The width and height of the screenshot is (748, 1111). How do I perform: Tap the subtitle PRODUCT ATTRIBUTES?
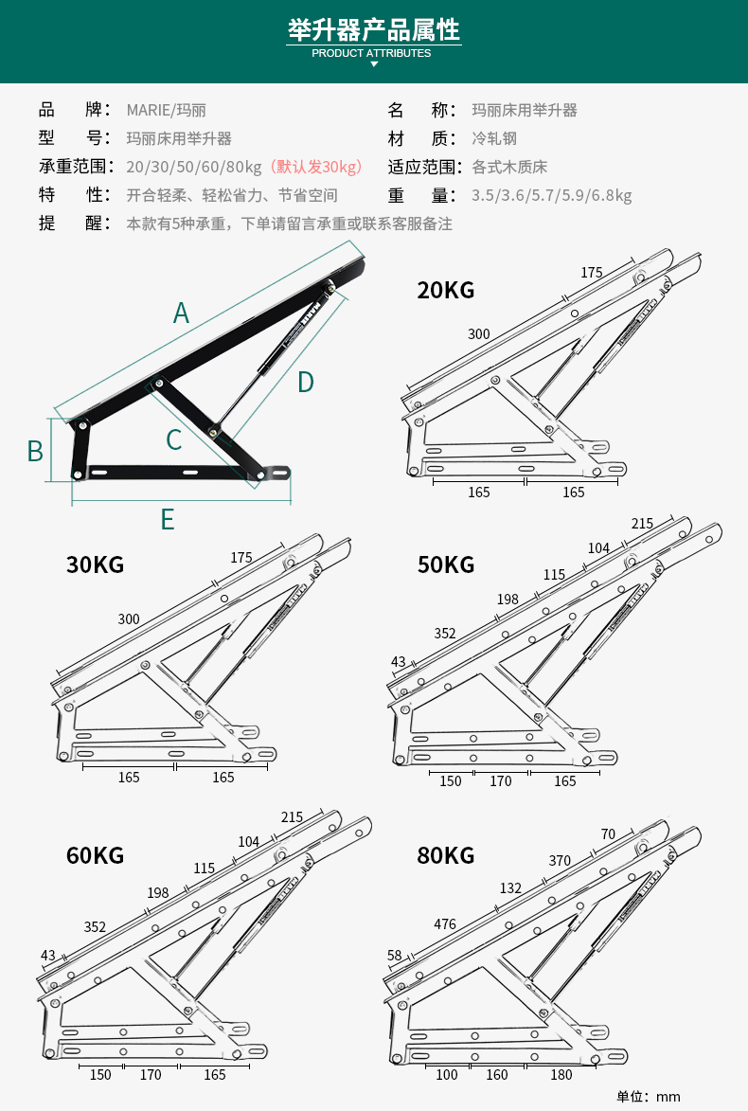[x=371, y=53]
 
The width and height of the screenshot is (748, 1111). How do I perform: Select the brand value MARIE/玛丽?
[x=167, y=110]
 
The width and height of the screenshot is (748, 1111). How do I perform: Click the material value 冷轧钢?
[x=494, y=138]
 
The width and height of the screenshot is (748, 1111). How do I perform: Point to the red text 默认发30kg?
[x=316, y=168]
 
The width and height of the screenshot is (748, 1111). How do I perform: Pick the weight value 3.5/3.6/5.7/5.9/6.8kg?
[x=551, y=196]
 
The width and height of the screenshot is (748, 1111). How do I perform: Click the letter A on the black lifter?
[x=181, y=313]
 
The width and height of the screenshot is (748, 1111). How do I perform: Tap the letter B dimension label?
[x=35, y=451]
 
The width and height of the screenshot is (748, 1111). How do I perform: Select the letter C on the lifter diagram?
[x=173, y=439]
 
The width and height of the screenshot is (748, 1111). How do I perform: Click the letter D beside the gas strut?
[x=305, y=382]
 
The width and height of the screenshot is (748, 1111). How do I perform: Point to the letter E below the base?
[x=168, y=519]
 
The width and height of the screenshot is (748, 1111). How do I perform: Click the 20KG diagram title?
[x=446, y=290]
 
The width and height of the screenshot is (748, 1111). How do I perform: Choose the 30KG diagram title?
[x=95, y=565]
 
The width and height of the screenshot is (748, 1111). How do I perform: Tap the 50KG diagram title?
[x=446, y=565]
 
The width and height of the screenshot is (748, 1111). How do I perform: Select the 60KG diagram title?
[x=95, y=855]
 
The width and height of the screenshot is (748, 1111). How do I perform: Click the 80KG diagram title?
[x=446, y=855]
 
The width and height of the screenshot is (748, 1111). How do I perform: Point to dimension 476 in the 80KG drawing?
[x=445, y=923]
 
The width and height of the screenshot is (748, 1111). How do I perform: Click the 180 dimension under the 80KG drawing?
[x=561, y=1075]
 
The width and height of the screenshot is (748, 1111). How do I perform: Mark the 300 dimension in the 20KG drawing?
[x=479, y=334]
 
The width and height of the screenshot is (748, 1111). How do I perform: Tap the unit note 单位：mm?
[x=649, y=1096]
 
